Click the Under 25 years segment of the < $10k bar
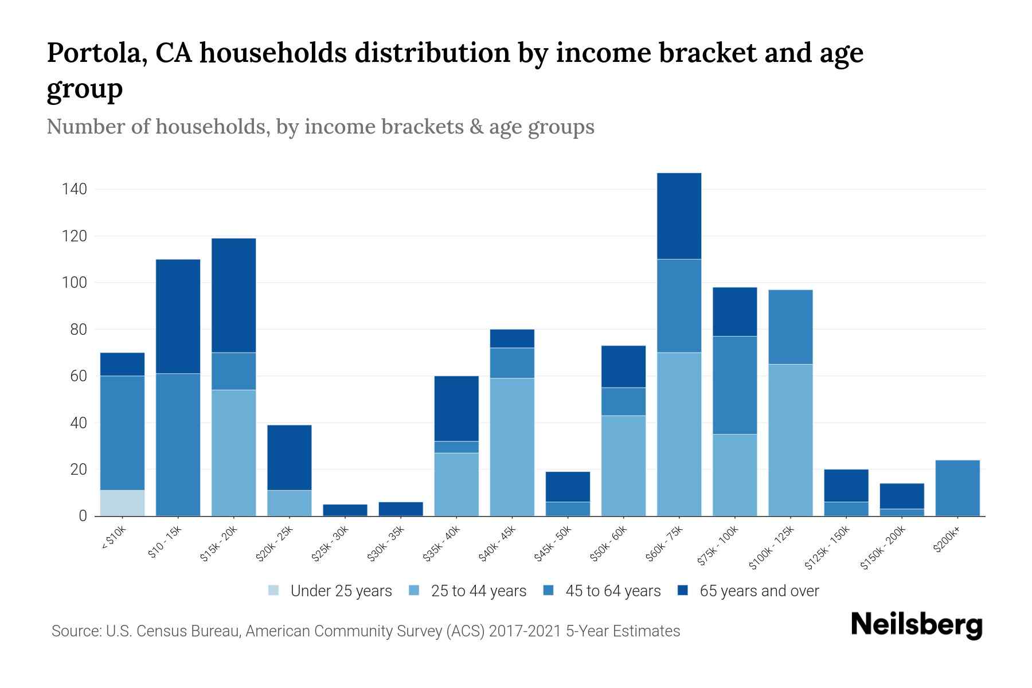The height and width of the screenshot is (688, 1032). click(x=122, y=503)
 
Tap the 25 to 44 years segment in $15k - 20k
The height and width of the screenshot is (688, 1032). click(x=233, y=453)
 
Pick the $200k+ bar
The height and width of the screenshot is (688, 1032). click(x=957, y=488)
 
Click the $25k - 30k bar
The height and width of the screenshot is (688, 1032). click(x=345, y=510)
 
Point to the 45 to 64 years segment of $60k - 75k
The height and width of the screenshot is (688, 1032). click(x=679, y=306)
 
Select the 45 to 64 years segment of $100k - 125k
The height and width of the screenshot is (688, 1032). click(x=791, y=327)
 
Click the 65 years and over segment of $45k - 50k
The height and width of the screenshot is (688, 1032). click(x=568, y=487)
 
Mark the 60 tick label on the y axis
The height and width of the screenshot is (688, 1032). click(x=79, y=376)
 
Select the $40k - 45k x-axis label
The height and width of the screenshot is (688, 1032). click(x=497, y=544)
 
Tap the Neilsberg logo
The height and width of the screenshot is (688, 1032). click(x=916, y=625)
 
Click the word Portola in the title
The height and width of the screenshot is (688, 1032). click(x=91, y=53)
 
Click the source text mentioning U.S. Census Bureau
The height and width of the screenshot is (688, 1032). click(x=365, y=631)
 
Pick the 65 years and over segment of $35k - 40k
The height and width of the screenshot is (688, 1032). click(x=456, y=409)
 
